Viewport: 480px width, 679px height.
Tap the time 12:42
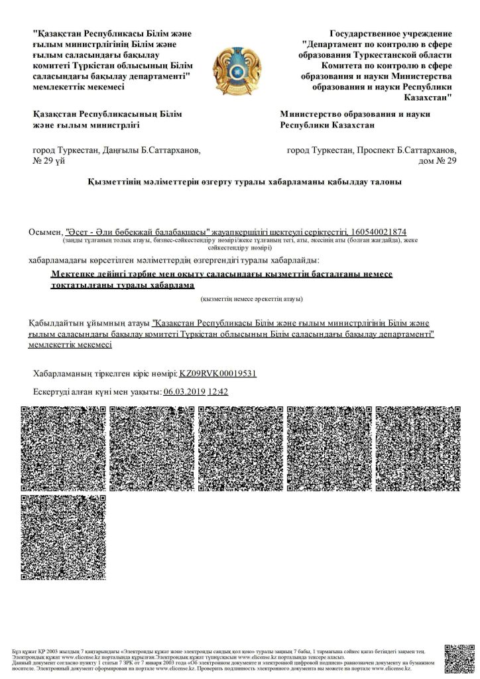(x=218, y=392)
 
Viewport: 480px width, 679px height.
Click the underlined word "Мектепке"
(x=74, y=275)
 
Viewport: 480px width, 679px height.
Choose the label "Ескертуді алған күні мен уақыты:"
(x=97, y=392)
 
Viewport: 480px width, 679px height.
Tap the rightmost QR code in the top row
(x=418, y=448)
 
